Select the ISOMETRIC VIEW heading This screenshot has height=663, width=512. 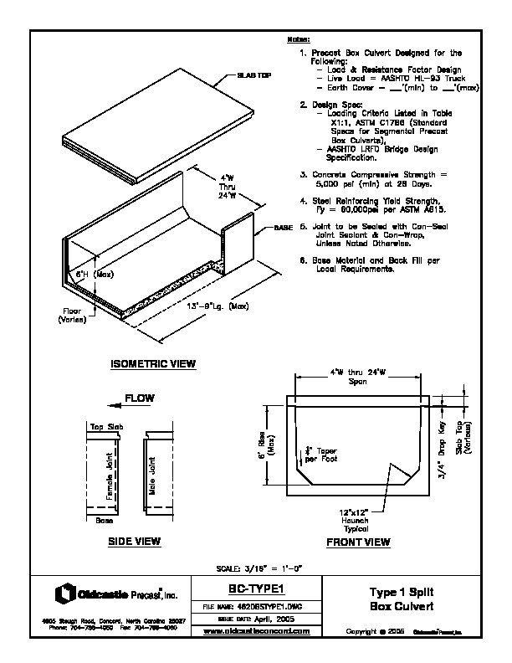[x=153, y=364]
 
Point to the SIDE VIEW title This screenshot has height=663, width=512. [x=134, y=542]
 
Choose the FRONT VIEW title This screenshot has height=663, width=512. [x=358, y=542]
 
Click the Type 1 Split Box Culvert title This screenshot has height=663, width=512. [x=397, y=599]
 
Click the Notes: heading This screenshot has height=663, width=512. [x=299, y=39]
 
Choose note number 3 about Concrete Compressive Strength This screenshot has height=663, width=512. [x=376, y=177]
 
